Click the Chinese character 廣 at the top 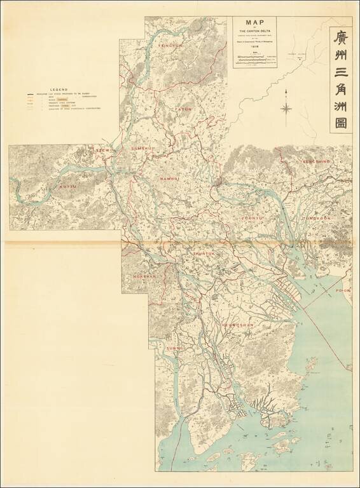click(341, 38)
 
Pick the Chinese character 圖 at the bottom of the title click(341, 121)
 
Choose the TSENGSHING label click(317, 162)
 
